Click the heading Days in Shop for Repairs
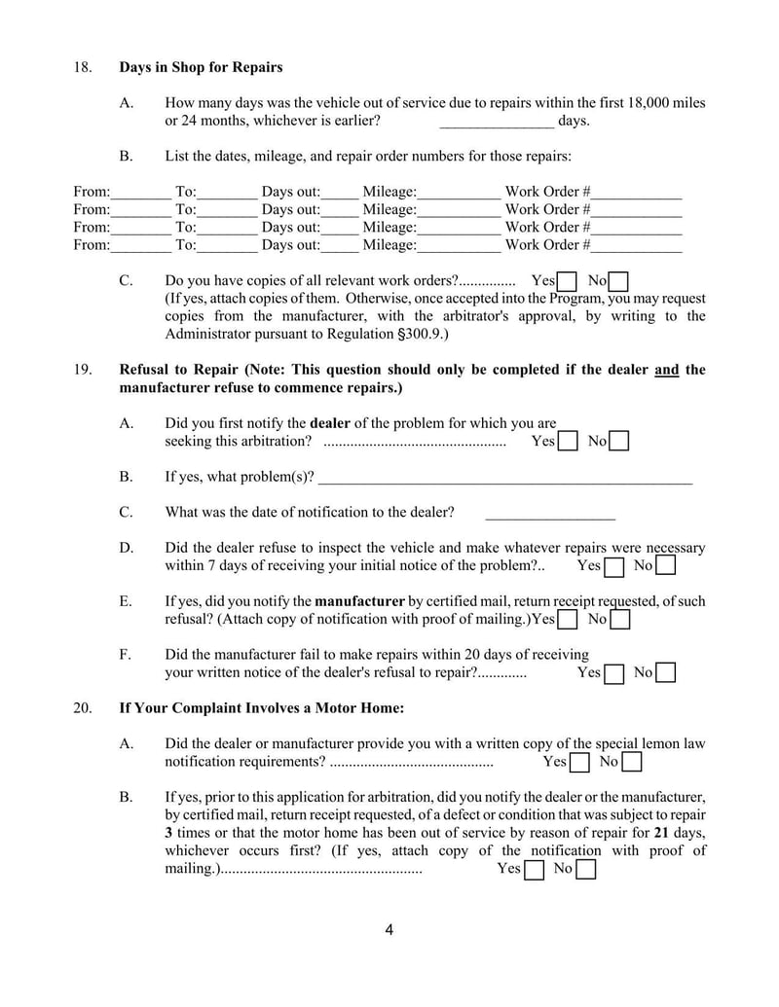201,67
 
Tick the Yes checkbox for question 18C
568,282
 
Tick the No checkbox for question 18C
618,282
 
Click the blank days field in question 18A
497,122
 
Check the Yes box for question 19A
568,442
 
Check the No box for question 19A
618,442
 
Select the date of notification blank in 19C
549,513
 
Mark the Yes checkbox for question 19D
613,566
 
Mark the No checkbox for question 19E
619,620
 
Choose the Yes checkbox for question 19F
613,673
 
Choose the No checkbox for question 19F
666,673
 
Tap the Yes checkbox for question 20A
579,763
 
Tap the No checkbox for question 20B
586,870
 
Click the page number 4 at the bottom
389,930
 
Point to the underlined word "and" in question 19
667,370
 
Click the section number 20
82,707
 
